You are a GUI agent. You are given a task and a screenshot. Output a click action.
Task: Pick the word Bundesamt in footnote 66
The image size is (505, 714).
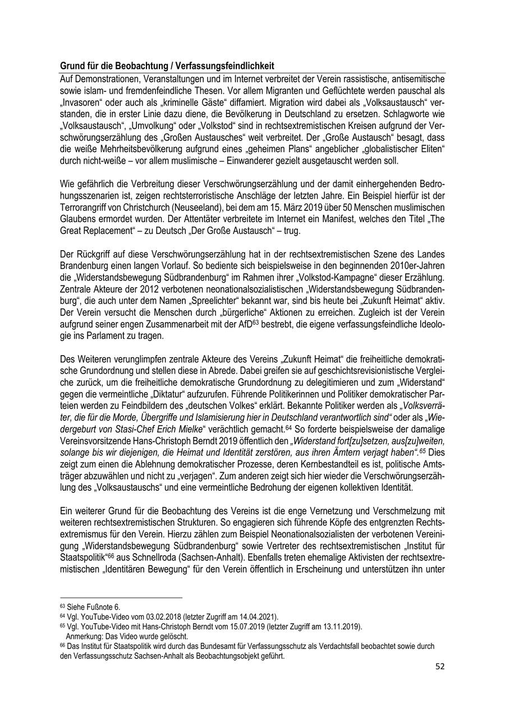(251, 646)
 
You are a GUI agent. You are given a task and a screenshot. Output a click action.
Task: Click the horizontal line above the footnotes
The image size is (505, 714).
(121, 598)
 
